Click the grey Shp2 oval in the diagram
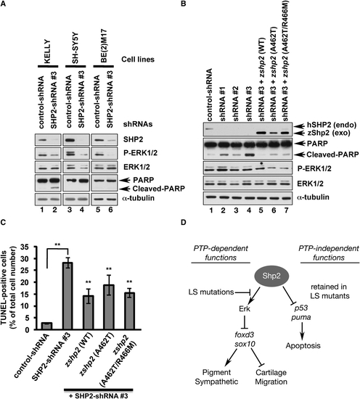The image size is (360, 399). tap(271, 276)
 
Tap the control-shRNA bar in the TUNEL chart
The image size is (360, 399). tap(47, 326)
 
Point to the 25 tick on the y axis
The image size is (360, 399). tap(30, 271)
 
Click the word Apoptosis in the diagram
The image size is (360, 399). tap(303, 346)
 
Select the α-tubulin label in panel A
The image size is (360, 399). tap(139, 198)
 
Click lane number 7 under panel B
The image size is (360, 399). tap(286, 210)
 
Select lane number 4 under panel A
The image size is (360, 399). tap(82, 210)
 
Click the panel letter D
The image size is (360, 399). tap(184, 223)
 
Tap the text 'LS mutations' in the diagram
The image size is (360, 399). tap(211, 292)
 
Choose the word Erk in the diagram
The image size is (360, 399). tap(245, 309)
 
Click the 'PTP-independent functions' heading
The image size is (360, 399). tap(329, 253)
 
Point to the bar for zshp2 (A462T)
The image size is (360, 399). tap(110, 307)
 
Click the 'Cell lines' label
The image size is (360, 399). tap(138, 59)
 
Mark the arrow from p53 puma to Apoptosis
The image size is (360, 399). tap(303, 331)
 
